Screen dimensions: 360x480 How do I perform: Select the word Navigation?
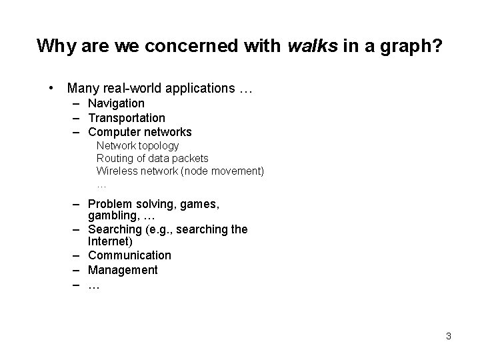[x=116, y=103]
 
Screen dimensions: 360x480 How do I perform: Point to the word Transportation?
[x=127, y=118]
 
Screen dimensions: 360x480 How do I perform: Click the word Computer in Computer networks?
[x=112, y=133]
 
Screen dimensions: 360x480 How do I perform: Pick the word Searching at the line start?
[x=113, y=229]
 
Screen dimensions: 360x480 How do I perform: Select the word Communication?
[x=129, y=255]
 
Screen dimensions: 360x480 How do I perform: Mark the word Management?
[x=123, y=270]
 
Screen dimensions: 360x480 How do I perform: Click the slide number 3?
[x=449, y=336]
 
